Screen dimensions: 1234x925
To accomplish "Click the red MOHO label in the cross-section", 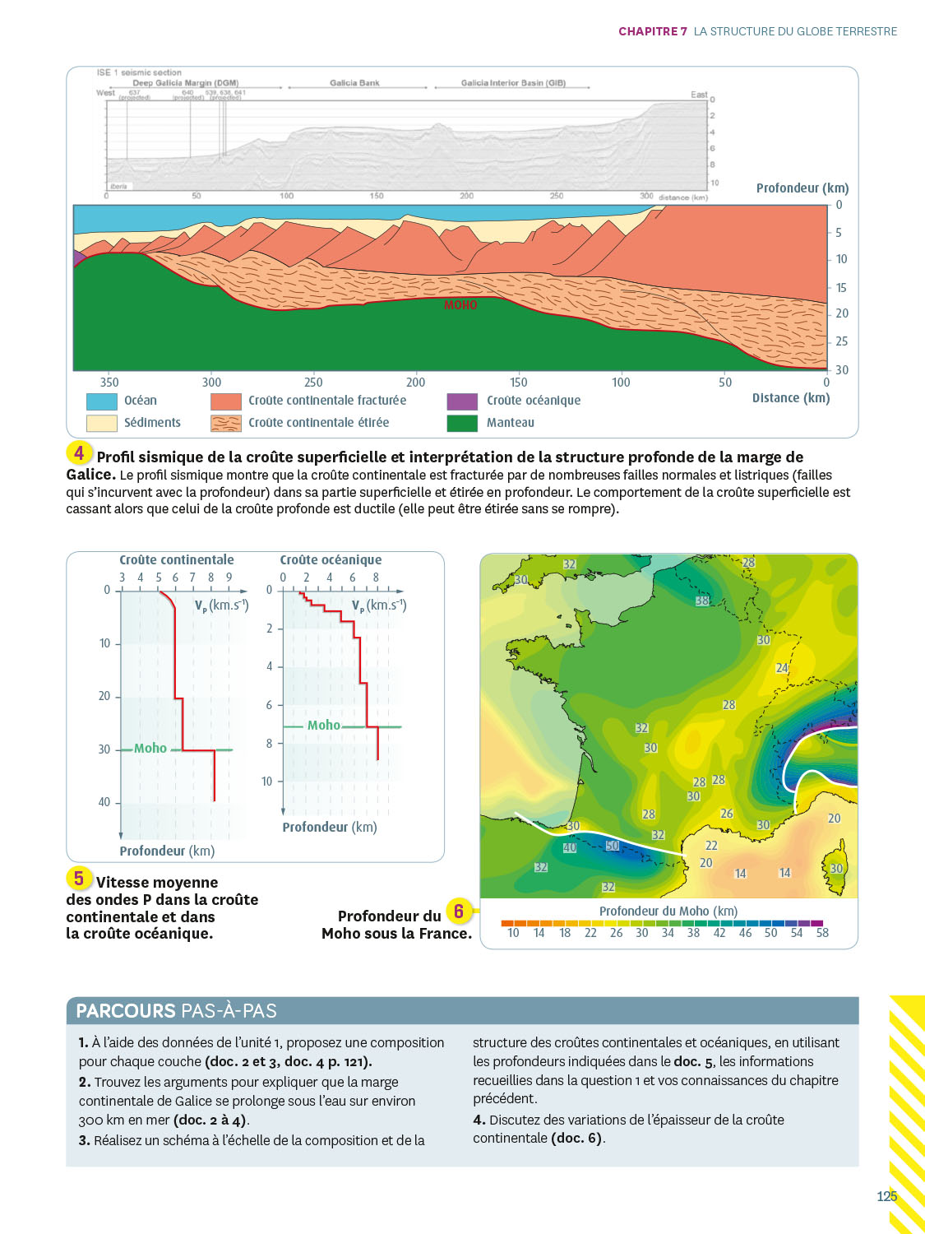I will point(460,305).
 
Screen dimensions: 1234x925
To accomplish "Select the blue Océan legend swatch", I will point(102,401).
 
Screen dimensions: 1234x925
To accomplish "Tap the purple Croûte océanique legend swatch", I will point(462,401).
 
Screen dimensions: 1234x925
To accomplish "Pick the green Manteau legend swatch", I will point(462,423).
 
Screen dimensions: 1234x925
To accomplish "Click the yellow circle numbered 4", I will point(79,453).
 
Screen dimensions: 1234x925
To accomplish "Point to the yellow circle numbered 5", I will point(79,879).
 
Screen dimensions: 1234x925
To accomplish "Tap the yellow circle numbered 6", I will point(459,912).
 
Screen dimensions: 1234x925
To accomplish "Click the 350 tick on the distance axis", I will point(109,383).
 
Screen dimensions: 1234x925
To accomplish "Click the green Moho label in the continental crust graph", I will point(150,749).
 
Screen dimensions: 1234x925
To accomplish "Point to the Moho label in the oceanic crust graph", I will point(324,726).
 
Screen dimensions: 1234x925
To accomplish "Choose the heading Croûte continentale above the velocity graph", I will point(177,560).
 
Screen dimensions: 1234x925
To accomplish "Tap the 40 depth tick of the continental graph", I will point(104,802).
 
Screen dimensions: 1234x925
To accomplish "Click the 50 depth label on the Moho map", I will point(612,846).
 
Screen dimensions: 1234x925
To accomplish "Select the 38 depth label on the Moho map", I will point(702,601).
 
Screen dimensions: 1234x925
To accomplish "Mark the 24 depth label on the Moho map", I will point(782,668).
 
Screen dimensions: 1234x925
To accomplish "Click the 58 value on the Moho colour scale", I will point(822,933).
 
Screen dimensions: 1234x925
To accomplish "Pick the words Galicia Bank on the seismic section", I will point(354,83).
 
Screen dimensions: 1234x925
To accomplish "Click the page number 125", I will point(886,1196).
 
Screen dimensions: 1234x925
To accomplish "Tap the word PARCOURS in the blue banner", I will point(126,1011).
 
